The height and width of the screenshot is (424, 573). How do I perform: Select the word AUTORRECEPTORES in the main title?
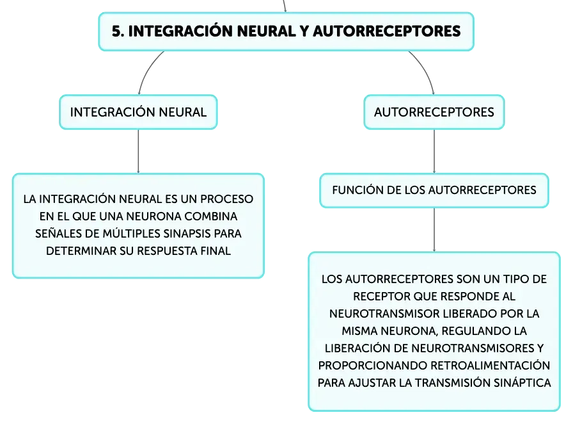click(x=387, y=31)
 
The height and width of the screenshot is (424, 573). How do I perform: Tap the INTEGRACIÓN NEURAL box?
click(x=138, y=112)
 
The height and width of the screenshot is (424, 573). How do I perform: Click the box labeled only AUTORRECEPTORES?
click(x=434, y=112)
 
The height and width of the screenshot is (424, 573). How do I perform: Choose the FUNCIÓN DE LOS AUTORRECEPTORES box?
click(x=434, y=190)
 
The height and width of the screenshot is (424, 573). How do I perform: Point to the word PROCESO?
click(x=226, y=199)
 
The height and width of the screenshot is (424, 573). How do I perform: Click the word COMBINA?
click(x=210, y=216)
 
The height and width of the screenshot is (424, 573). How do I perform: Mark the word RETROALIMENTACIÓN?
click(x=490, y=366)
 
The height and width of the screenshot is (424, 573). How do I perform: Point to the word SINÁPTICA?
click(x=522, y=382)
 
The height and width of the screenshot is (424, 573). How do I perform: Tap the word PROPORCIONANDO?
click(x=373, y=366)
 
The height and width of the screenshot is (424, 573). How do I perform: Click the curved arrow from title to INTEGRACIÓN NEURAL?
click(x=146, y=70)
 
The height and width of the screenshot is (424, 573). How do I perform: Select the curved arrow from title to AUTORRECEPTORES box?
click(x=426, y=70)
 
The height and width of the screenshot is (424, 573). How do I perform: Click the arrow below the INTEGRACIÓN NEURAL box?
click(x=138, y=151)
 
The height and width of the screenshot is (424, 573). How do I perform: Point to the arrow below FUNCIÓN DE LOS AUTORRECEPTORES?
click(x=434, y=230)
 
